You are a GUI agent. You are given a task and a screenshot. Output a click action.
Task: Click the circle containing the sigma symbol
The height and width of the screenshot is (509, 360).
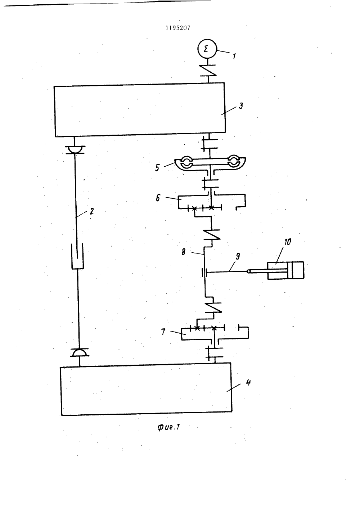click(x=207, y=49)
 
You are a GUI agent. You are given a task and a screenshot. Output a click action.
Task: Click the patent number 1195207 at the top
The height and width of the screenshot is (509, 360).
click(x=178, y=28)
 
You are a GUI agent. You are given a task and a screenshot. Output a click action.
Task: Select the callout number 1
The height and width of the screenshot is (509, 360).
click(x=234, y=56)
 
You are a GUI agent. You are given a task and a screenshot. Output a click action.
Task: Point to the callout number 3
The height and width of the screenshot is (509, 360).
click(x=241, y=106)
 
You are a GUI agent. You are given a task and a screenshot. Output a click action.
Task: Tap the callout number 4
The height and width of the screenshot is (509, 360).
click(x=248, y=382)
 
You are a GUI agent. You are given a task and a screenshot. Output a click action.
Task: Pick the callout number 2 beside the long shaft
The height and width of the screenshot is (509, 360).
click(x=91, y=211)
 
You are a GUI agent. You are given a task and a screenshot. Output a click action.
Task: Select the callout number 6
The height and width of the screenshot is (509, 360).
click(x=158, y=198)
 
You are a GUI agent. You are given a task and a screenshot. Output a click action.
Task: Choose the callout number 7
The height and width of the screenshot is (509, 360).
click(x=163, y=332)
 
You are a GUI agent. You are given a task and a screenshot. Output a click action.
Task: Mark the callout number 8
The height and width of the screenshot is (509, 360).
click(x=183, y=252)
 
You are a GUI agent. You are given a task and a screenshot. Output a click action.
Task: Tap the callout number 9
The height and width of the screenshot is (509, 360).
click(x=238, y=256)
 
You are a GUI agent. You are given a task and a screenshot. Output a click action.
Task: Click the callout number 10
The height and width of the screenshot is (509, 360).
click(x=288, y=242)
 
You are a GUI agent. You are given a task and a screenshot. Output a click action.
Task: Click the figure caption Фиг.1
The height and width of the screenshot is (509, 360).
click(x=168, y=427)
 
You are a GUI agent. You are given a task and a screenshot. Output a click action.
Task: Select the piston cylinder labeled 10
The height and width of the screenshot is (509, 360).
click(x=286, y=270)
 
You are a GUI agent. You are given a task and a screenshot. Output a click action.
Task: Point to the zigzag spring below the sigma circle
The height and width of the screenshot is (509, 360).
click(x=208, y=71)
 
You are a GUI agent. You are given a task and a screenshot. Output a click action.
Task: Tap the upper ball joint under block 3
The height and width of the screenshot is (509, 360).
click(x=75, y=150)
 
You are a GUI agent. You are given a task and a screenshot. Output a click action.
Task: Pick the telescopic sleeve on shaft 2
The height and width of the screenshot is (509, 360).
click(x=77, y=256)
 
